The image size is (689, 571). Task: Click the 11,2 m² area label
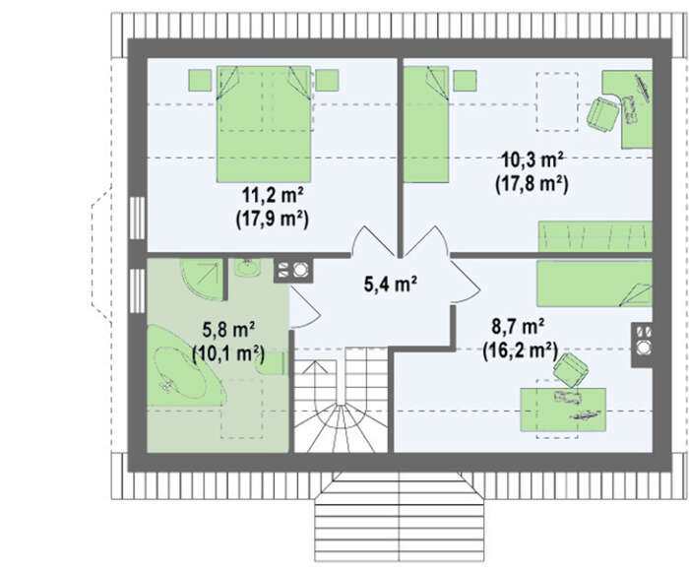click(273, 196)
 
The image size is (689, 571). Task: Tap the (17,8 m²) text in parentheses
click(532, 184)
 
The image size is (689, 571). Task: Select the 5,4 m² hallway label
click(391, 284)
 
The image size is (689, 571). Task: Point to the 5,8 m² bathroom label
click(229, 329)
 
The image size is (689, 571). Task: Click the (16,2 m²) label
click(520, 350)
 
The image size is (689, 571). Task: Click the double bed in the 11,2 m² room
click(264, 124)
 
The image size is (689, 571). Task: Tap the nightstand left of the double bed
click(200, 81)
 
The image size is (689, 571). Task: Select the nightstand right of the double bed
click(327, 81)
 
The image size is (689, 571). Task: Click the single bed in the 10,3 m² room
click(426, 124)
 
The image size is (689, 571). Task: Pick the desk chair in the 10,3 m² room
click(602, 114)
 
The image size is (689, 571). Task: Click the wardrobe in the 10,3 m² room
click(595, 236)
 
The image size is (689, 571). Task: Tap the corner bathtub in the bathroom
click(187, 365)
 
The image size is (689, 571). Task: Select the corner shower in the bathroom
click(202, 280)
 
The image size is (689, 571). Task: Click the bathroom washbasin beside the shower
click(247, 268)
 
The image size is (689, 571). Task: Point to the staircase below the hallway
click(341, 400)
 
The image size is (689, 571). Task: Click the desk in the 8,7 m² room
click(563, 410)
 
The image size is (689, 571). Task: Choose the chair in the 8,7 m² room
click(571, 370)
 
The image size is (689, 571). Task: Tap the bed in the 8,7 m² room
click(595, 284)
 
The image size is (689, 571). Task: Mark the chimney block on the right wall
click(642, 346)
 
